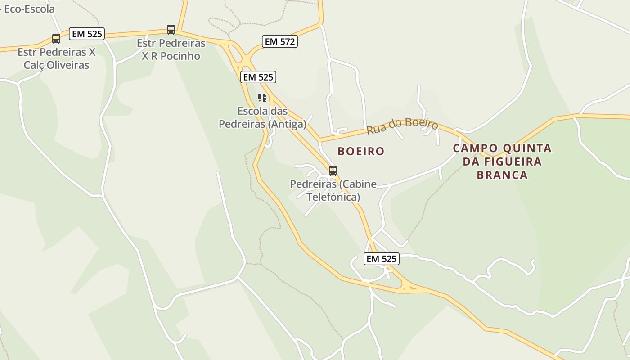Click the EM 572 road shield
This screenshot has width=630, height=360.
[279, 42]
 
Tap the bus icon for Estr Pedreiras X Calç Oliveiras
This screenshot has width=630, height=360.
[56, 39]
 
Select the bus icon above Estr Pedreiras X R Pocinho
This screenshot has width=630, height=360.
[171, 30]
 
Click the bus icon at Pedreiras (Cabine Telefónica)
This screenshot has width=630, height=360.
[333, 171]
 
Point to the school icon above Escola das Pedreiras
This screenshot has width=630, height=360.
[262, 97]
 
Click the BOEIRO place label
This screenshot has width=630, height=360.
[361, 151]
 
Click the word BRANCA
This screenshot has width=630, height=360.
[502, 175]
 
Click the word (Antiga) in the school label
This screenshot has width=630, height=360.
[287, 124]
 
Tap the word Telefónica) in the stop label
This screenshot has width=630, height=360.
[333, 197]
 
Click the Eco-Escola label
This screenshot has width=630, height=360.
[29, 9]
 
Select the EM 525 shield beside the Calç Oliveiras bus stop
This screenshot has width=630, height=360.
[87, 34]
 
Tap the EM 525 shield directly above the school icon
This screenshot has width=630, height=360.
[258, 77]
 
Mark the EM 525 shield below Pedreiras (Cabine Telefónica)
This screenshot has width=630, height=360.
[382, 259]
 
